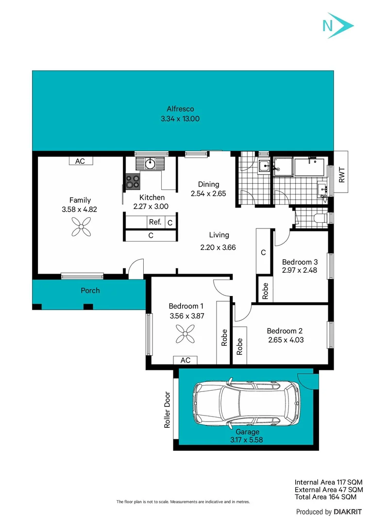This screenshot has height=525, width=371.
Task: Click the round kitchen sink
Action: [151, 163]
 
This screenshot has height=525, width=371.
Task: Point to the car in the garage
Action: [247, 405]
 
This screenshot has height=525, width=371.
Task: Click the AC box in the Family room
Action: [80, 161]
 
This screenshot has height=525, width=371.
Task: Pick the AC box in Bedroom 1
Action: [185, 360]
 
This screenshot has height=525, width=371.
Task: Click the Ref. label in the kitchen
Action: [155, 222]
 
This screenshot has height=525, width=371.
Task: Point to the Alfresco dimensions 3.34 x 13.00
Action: [180, 119]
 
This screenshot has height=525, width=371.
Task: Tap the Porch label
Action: [90, 291]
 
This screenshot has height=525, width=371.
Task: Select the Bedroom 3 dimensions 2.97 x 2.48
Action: [300, 270]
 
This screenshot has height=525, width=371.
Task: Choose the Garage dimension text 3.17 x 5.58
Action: [247, 441]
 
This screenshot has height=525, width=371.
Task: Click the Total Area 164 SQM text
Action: [325, 497]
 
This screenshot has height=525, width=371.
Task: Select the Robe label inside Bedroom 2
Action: [240, 346]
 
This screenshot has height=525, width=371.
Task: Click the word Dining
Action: [208, 184]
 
